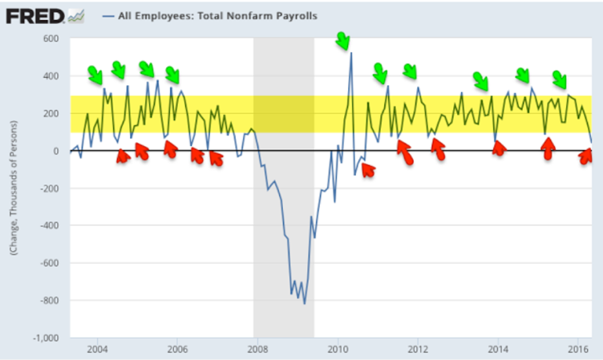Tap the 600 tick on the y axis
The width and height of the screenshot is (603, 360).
point(52,38)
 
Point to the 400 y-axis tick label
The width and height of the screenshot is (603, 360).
point(52,76)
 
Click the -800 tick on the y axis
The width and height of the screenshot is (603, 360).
point(50,301)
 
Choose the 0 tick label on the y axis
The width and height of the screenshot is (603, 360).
point(57,151)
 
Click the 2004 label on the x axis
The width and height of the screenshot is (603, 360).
point(98,350)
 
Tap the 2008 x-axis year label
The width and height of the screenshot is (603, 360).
point(257,350)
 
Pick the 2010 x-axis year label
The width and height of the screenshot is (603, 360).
point(338,350)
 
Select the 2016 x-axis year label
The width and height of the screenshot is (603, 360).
point(577,350)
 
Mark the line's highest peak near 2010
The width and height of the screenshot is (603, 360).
point(351,54)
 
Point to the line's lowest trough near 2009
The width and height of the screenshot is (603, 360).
point(305,302)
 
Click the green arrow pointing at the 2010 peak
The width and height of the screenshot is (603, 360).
point(343,40)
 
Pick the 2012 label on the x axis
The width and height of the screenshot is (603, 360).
point(417,350)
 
